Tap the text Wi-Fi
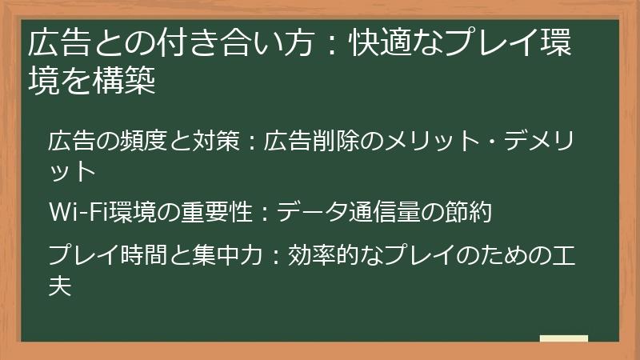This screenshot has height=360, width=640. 74,214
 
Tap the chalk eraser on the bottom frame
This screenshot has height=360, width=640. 564,339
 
